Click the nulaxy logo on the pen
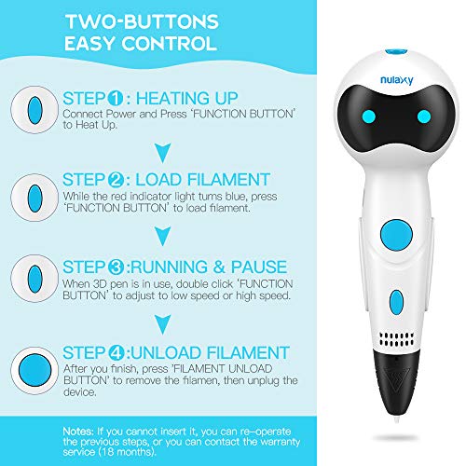397,80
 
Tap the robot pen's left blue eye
369,116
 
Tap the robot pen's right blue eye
424,116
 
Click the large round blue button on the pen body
396,235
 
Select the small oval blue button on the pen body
396,302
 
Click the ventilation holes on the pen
397,339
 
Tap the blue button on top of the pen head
396,52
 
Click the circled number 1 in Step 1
116,99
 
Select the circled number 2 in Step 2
116,180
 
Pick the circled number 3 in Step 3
116,267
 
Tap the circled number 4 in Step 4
116,353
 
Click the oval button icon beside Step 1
34,110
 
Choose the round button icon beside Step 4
34,370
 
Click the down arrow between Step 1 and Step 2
163,153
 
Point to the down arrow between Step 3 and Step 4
163,324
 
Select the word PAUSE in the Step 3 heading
259,267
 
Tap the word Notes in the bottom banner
78,432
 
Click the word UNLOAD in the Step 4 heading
166,353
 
